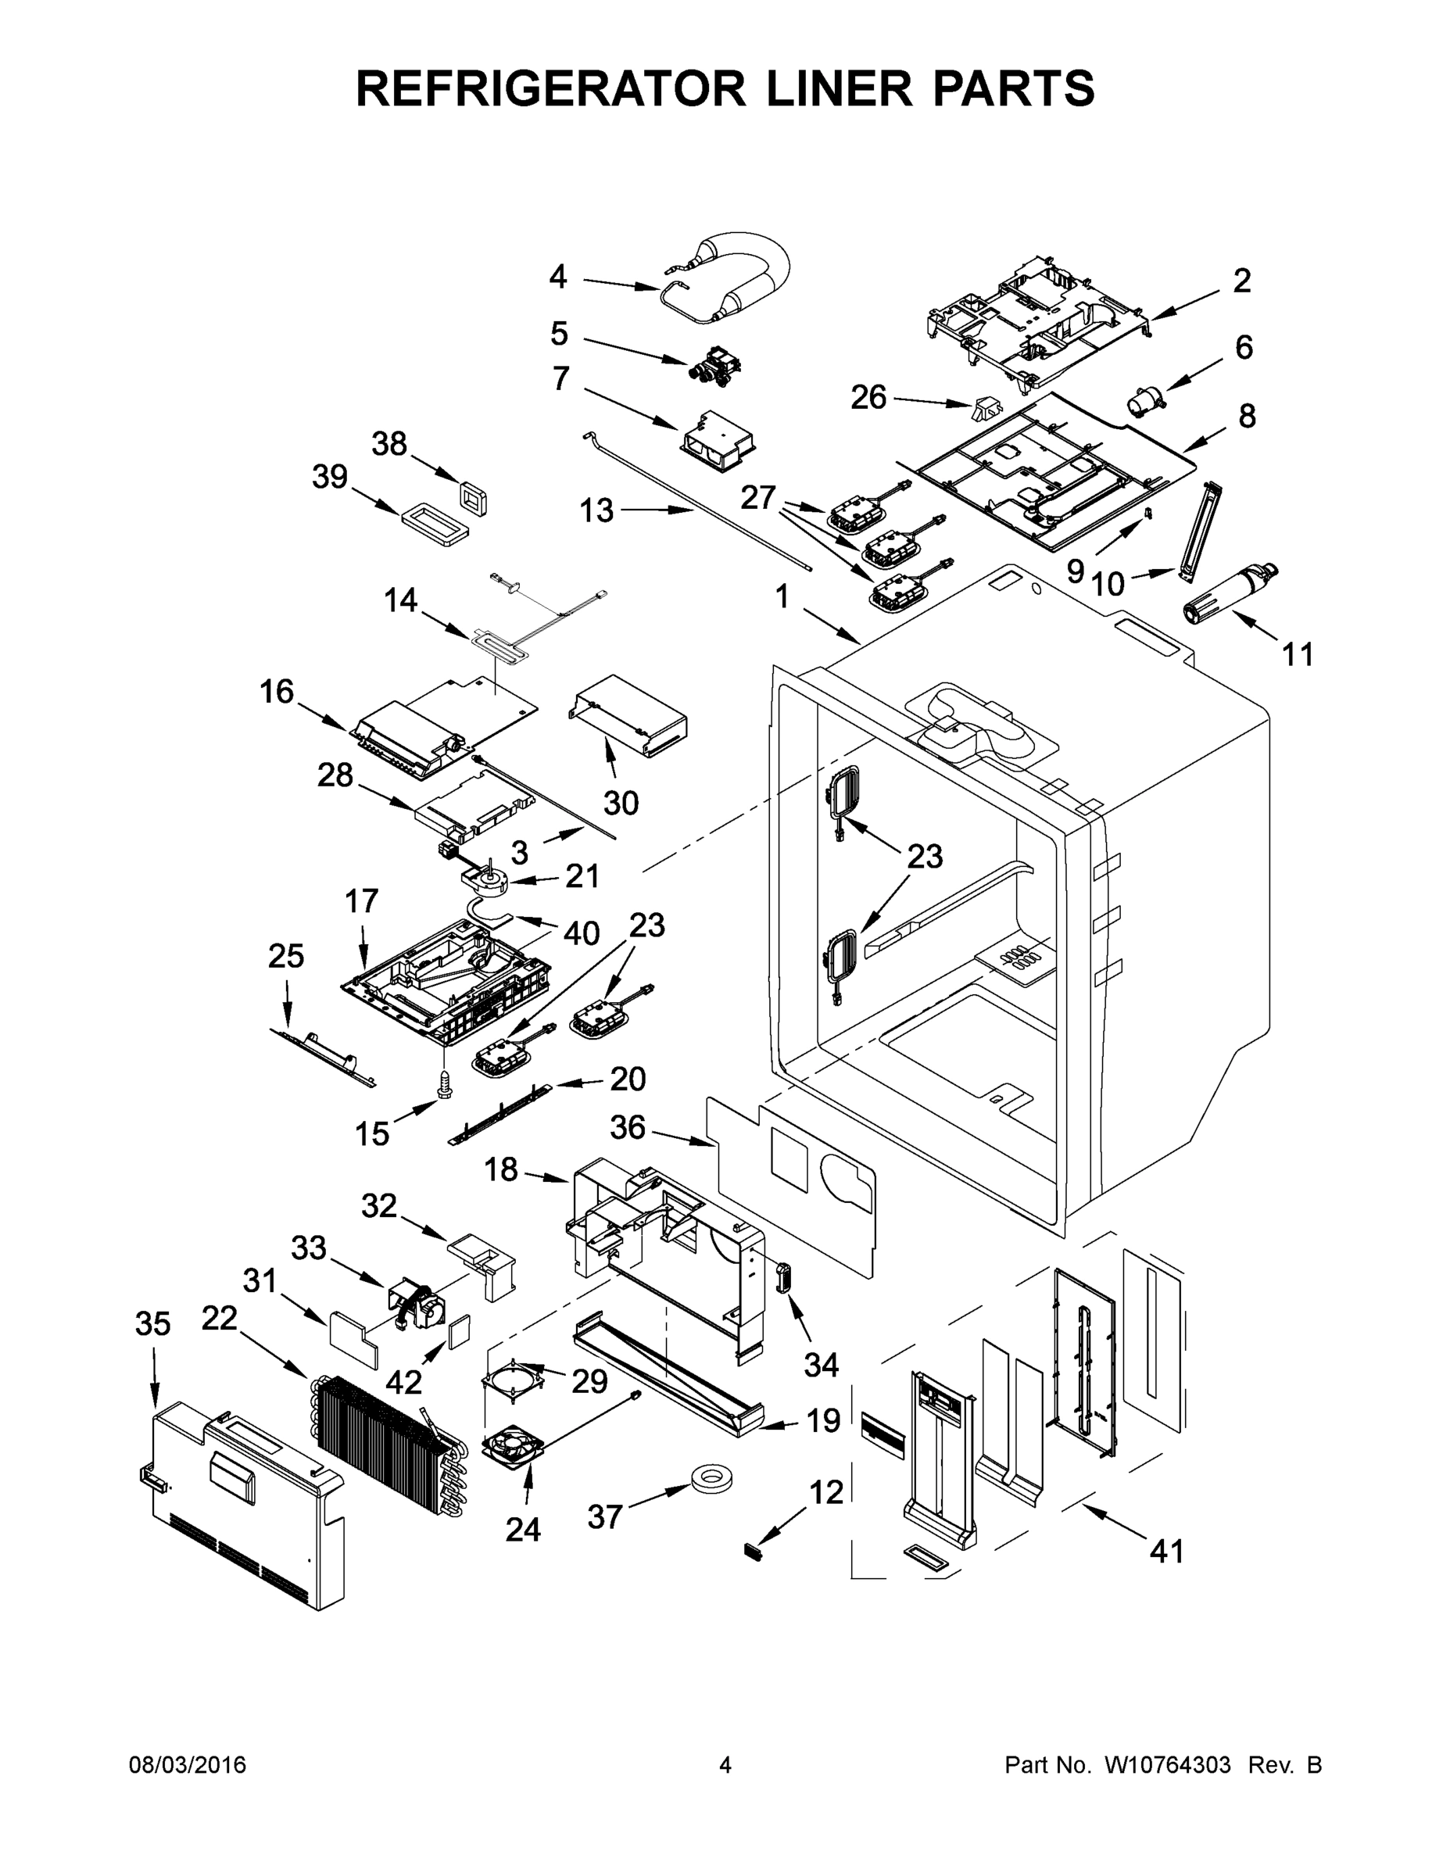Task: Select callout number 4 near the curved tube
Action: pyautogui.click(x=558, y=277)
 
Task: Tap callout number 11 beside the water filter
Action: pyautogui.click(x=1297, y=654)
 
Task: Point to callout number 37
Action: pyautogui.click(x=604, y=1517)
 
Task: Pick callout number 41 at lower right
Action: pyautogui.click(x=1166, y=1551)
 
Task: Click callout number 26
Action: pyautogui.click(x=868, y=397)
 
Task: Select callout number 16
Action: pyautogui.click(x=277, y=692)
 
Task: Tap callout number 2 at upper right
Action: pyautogui.click(x=1241, y=281)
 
